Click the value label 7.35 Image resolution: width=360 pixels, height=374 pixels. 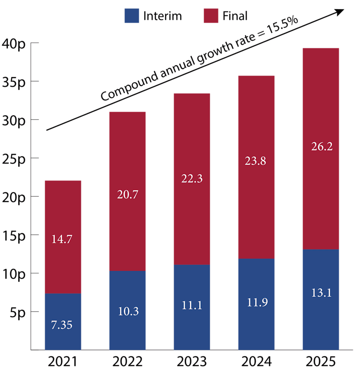tap(61, 325)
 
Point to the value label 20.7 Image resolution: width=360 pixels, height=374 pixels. tap(127, 194)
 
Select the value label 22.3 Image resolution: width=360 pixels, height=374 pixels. tap(192, 179)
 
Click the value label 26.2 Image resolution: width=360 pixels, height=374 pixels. tap(322, 146)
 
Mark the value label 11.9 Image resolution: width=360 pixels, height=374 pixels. tap(256, 302)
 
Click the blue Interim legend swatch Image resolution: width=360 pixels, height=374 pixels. tap(132, 16)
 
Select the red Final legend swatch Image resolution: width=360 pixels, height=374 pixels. tap(211, 16)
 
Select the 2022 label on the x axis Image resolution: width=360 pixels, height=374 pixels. tap(127, 361)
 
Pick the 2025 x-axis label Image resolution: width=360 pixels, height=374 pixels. tap(321, 361)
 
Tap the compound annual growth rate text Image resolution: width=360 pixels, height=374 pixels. tap(199, 60)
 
